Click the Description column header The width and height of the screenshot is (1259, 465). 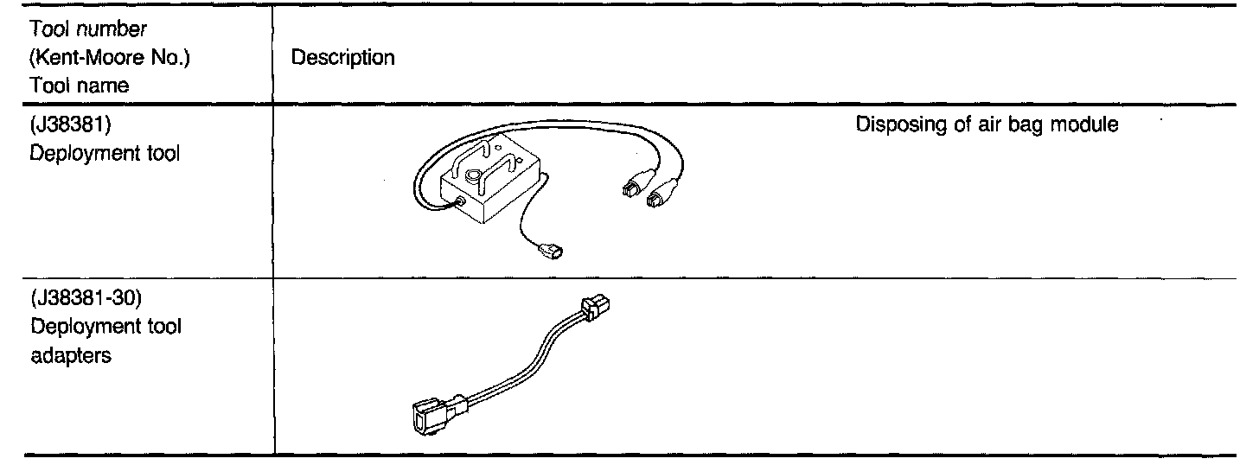[x=342, y=58]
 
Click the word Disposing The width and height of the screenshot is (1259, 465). [x=892, y=124]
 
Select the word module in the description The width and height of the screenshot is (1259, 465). [x=1089, y=124]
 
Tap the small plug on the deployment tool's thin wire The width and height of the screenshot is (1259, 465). [x=551, y=253]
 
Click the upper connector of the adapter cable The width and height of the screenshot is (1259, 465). [x=596, y=307]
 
